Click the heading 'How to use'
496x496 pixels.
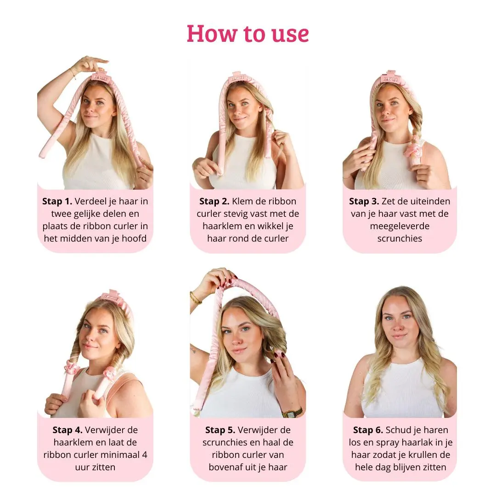point(248,34)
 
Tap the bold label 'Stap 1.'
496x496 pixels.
point(57,201)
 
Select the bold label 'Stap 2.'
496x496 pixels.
point(214,201)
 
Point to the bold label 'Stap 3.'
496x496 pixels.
point(364,201)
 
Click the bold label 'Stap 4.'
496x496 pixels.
point(68,430)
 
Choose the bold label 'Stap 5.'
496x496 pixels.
point(220,430)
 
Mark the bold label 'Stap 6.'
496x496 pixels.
point(368,430)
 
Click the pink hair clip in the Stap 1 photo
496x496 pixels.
point(99,77)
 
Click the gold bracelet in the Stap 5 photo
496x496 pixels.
point(195,298)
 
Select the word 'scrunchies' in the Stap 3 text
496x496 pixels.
point(400,238)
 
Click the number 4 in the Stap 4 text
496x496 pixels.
point(144,455)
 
